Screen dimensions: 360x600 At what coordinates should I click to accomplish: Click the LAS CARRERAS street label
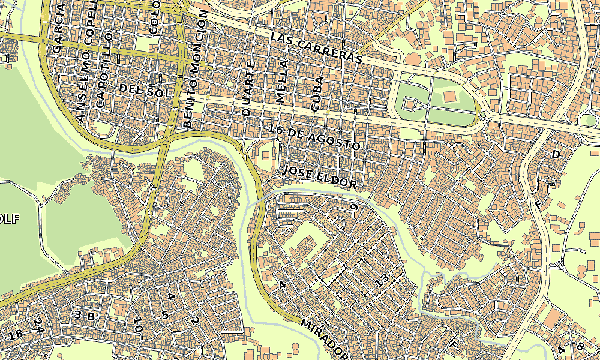(x=317, y=48)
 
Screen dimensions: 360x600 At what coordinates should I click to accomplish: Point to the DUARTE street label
(x=248, y=88)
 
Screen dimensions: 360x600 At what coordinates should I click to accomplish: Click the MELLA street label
(x=281, y=81)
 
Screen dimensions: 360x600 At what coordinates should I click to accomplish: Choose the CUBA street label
(x=317, y=94)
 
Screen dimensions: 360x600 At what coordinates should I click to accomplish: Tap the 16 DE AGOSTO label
(x=314, y=137)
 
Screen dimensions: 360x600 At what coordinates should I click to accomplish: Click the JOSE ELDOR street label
(x=320, y=177)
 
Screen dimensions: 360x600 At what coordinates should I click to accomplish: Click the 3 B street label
(x=85, y=315)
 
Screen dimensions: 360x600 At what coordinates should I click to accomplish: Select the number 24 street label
(x=39, y=326)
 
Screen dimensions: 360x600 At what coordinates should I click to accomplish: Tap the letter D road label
(x=555, y=155)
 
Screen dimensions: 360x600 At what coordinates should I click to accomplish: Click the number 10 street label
(x=137, y=325)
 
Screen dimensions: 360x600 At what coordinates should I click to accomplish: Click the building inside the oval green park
(x=448, y=96)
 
